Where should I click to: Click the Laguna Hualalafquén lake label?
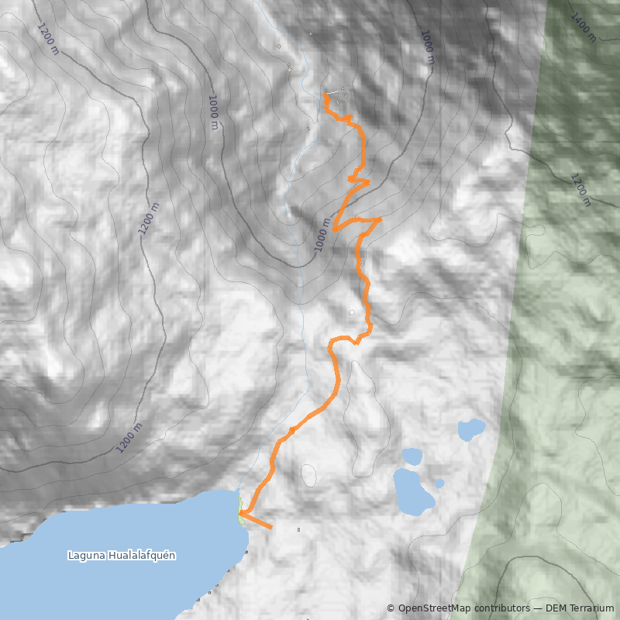click(122, 556)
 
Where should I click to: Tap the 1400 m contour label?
click(583, 27)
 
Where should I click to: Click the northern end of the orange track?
click(324, 95)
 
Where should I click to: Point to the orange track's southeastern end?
click(271, 528)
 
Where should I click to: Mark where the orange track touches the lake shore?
click(240, 512)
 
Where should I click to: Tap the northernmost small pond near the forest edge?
click(470, 428)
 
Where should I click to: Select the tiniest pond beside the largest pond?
click(439, 484)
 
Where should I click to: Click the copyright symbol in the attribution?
click(391, 608)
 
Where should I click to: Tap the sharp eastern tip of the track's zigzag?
click(381, 219)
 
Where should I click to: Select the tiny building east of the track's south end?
click(298, 530)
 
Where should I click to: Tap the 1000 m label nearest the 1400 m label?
click(427, 46)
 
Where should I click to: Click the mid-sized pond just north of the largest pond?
click(412, 456)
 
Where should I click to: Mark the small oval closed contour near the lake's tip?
click(308, 475)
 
